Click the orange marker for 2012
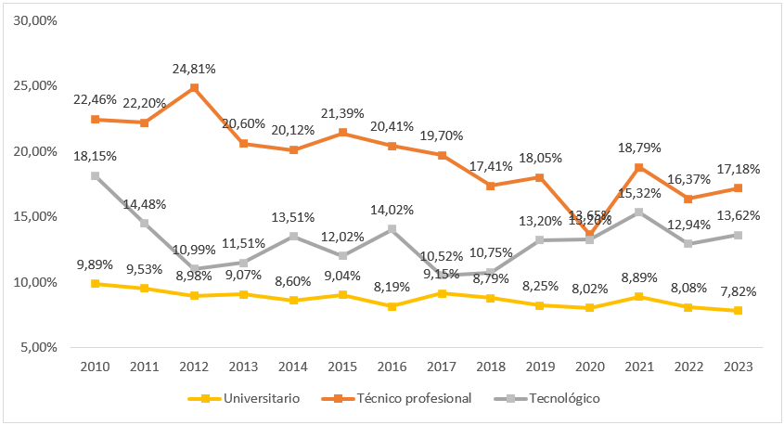coord(194,88)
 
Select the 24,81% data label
coord(194,69)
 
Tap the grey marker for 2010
coord(95,175)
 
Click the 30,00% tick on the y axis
coord(38,19)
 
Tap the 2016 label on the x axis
coord(392,366)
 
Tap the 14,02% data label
coord(392,210)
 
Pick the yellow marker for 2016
coord(392,306)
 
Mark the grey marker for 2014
coord(293,236)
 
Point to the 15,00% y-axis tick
coord(38,216)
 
